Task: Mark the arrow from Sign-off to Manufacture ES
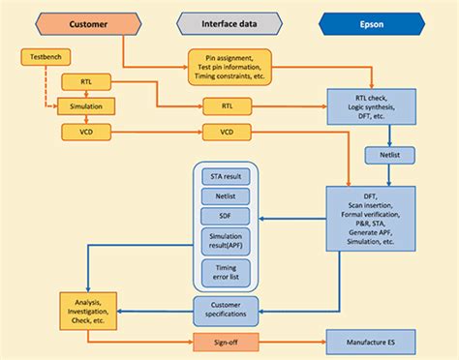tap(291, 343)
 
